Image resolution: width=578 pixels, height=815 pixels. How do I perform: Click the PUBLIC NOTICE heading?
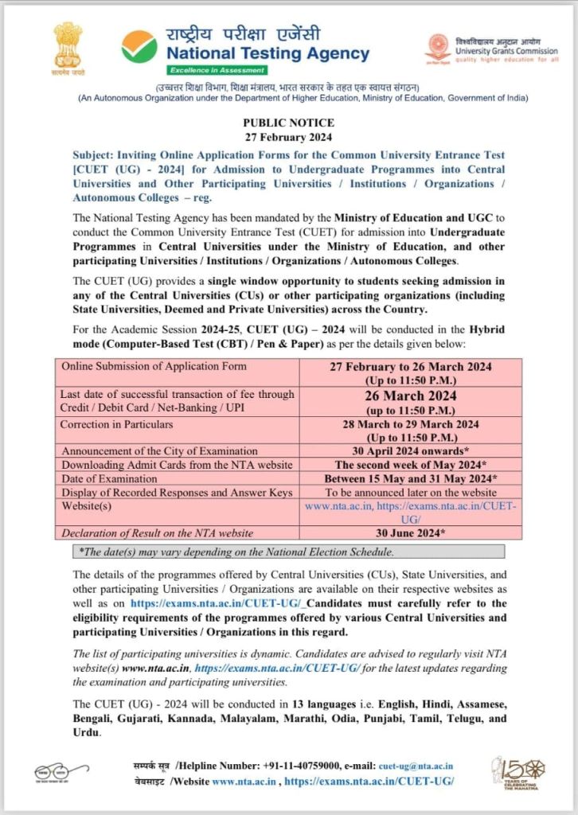click(288, 123)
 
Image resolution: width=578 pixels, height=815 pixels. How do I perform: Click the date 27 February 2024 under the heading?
click(288, 136)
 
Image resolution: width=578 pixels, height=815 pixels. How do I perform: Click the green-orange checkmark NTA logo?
click(139, 46)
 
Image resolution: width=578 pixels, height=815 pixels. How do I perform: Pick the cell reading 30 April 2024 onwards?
click(411, 451)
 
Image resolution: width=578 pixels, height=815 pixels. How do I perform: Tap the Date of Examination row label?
click(113, 478)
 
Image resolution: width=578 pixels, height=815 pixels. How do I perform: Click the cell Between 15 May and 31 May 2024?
click(411, 479)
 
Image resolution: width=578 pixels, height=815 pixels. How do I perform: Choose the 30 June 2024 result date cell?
click(411, 532)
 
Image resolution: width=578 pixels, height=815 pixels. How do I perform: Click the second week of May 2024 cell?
click(411, 465)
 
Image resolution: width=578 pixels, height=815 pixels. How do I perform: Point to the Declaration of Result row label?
click(158, 532)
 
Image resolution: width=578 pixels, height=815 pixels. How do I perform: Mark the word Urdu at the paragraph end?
click(86, 732)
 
